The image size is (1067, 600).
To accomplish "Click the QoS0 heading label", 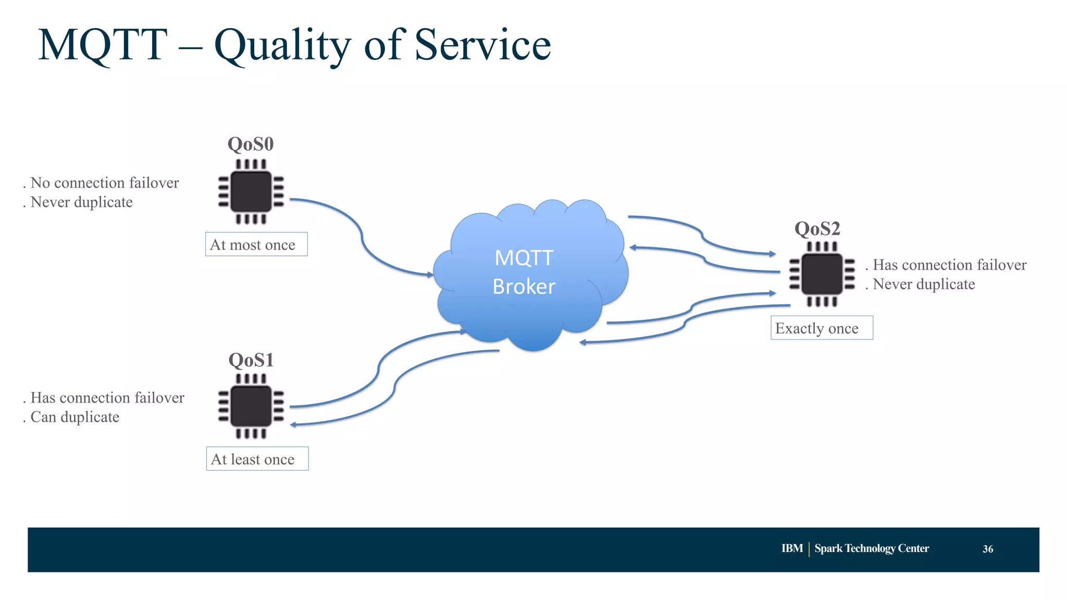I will pos(250,144).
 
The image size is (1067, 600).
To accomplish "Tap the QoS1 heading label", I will pos(251,360).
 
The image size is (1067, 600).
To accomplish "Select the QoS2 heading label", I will pos(817,229).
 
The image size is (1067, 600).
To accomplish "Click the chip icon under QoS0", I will pos(251,191).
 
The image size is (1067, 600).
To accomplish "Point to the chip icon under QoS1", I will pos(251,406).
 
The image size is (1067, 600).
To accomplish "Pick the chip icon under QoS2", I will pos(822,274).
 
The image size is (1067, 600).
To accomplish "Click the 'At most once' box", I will pos(256,244).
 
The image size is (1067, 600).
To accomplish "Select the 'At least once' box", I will pos(257,459).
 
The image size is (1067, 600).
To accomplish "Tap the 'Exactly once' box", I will pos(821,328).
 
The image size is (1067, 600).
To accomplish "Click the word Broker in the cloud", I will pos(524,286).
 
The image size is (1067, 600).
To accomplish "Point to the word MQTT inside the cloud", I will pos(524,258).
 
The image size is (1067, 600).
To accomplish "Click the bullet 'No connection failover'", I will pos(104,183).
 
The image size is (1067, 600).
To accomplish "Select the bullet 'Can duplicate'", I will pos(75,417).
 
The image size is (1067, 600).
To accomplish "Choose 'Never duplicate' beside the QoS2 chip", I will pos(923,284).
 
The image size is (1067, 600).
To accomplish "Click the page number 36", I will pos(987,549).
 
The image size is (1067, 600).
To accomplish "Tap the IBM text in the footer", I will pos(791,548).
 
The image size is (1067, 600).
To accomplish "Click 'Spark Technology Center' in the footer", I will pos(871,548).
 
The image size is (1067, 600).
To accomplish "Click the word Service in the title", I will pos(482,45).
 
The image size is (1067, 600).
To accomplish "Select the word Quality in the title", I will pos(282,45).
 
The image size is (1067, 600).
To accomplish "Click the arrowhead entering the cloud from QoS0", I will pos(430,274).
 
